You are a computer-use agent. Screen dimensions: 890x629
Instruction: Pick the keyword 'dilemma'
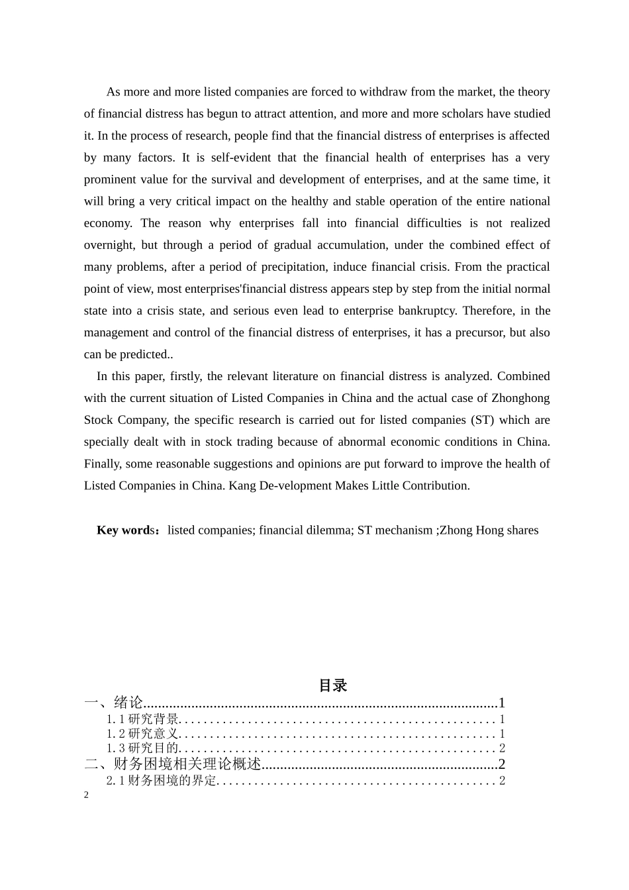(x=328, y=530)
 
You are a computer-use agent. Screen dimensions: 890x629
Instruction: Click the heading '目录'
(x=333, y=685)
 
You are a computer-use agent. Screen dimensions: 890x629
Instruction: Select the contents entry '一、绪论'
(x=113, y=703)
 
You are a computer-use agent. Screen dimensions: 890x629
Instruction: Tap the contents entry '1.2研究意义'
(x=142, y=734)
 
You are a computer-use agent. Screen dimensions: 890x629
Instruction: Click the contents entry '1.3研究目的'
(x=142, y=748)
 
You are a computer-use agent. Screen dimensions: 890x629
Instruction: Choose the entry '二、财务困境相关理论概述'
(x=173, y=764)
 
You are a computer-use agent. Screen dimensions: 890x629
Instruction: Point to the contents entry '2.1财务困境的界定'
(x=161, y=781)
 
